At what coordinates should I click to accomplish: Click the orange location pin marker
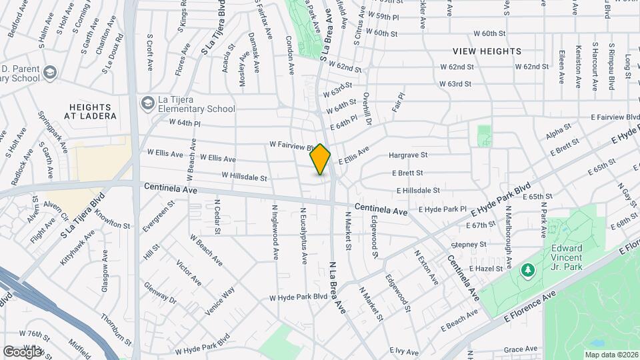(321, 159)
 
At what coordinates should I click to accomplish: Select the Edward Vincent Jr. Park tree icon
(527, 270)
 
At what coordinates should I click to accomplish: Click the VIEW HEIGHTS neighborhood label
(487, 51)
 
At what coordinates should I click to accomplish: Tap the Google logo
(22, 351)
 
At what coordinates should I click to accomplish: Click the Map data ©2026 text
(611, 355)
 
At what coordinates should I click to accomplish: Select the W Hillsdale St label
(244, 178)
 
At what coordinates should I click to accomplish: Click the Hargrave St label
(407, 155)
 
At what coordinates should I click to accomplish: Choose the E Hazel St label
(485, 267)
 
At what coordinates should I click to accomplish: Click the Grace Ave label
(521, 349)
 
